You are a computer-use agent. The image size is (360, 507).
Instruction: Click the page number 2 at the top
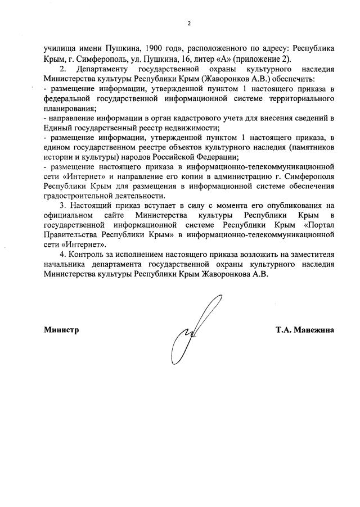[x=189, y=23]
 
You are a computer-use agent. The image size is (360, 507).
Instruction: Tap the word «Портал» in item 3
[x=321, y=226]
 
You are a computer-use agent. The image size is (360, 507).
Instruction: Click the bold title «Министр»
[x=61, y=330]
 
